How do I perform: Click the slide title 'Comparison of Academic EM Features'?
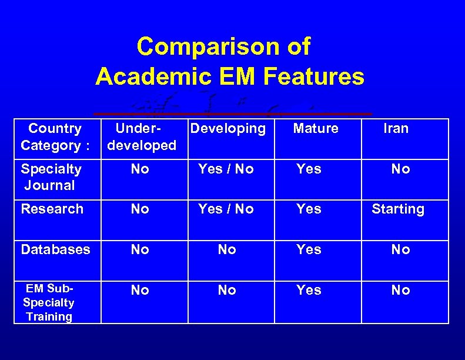tap(229, 61)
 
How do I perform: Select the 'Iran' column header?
tap(396, 128)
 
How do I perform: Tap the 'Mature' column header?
tap(316, 128)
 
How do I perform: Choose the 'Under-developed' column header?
tap(140, 137)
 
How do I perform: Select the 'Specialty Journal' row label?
tap(51, 177)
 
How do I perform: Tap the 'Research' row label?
tap(52, 209)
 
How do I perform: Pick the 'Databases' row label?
tap(55, 249)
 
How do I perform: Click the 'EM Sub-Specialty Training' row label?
tap(49, 303)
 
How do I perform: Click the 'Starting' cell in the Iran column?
tap(398, 209)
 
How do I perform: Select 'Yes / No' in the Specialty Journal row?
tap(226, 169)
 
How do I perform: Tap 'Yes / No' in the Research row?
tap(226, 209)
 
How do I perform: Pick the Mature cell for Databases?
tap(309, 249)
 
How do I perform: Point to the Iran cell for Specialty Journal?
tap(400, 169)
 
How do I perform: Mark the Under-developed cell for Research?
tap(140, 209)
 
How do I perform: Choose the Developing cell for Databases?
tap(227, 249)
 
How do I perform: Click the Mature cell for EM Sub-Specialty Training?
tap(309, 290)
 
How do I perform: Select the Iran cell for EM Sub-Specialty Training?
tap(400, 290)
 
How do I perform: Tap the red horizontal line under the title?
tap(233, 113)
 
